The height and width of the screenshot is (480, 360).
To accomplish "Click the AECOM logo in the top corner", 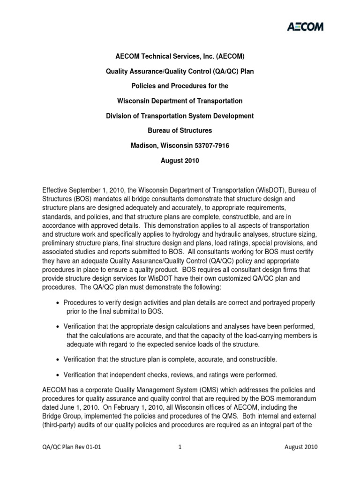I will click(305, 26).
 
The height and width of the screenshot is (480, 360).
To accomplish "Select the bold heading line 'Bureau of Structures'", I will click(180, 131).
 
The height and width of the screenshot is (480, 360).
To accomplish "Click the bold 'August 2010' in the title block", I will click(180, 161).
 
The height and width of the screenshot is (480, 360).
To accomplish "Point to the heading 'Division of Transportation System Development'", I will click(180, 116).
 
